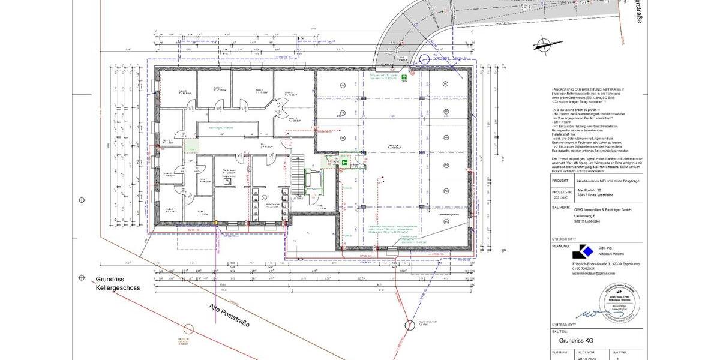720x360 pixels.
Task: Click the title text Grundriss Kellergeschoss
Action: (118, 283)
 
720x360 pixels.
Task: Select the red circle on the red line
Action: (188, 329)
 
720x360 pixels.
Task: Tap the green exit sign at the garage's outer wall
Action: (405, 77)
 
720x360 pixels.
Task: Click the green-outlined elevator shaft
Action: (313, 181)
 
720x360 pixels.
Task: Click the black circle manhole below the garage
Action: (409, 325)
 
